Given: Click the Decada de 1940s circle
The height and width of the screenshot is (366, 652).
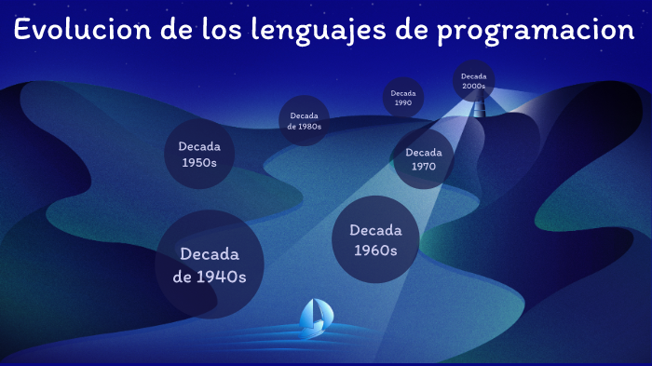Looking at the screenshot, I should click(209, 264).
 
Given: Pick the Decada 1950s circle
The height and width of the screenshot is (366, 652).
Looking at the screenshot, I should click(197, 154).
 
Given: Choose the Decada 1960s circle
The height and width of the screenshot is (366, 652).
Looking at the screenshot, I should click(375, 240).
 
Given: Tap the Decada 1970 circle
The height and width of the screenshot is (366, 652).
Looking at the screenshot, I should click(423, 159).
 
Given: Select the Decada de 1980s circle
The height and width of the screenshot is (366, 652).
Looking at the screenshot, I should click(304, 121).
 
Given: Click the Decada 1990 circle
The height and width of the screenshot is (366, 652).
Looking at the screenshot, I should click(403, 98).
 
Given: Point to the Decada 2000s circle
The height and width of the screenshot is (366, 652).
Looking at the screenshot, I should click(473, 81).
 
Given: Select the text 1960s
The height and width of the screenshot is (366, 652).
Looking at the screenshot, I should click(375, 251).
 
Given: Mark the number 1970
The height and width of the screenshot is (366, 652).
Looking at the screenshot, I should click(423, 168).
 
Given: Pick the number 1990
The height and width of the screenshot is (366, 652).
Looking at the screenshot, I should click(403, 103).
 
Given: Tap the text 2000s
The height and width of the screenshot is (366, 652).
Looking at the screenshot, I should click(473, 87).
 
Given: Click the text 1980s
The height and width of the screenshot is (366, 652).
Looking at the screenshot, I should click(310, 127).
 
